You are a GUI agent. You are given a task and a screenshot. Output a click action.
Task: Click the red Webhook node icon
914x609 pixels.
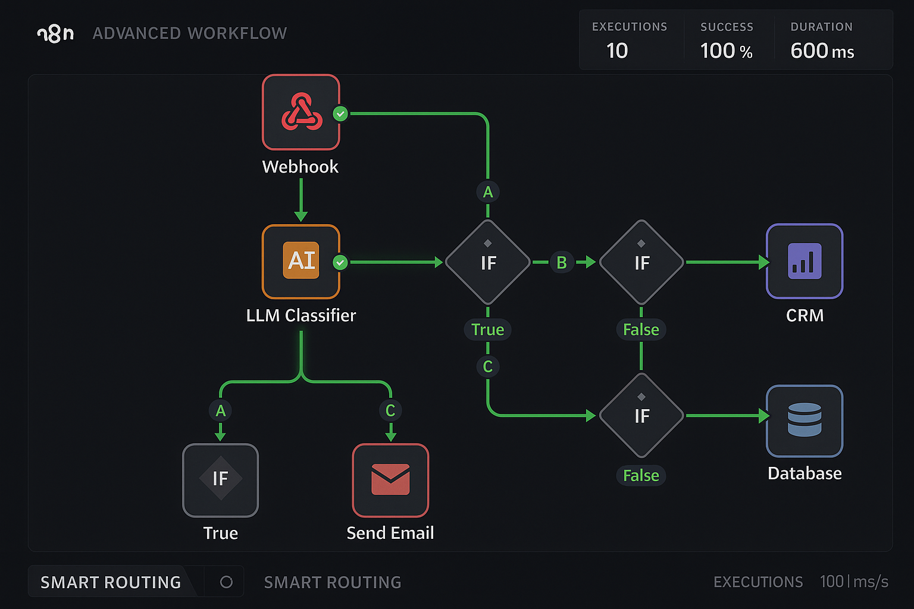click(301, 112)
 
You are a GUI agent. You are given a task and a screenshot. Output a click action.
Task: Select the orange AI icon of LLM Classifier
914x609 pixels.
click(301, 260)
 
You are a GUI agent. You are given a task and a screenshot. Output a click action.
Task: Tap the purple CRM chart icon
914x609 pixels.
click(805, 261)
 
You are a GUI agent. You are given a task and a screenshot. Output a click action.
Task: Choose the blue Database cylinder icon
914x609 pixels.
click(805, 420)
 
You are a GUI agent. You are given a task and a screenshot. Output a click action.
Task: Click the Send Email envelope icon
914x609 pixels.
click(390, 480)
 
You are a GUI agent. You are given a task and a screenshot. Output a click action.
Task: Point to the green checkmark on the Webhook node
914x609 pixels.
click(340, 113)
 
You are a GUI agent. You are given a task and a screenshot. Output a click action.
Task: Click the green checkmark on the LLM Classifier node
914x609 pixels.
click(340, 262)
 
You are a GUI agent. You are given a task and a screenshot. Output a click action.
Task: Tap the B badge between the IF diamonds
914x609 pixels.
click(561, 262)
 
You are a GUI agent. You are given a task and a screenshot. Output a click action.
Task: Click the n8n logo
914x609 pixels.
click(55, 34)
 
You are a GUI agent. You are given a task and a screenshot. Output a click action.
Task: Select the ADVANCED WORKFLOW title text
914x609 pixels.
click(190, 34)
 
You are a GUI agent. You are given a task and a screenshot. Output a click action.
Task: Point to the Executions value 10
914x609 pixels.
click(617, 51)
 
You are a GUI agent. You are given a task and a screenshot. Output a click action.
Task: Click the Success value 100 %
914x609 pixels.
click(726, 51)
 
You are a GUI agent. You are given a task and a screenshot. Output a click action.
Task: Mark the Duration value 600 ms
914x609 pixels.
click(822, 51)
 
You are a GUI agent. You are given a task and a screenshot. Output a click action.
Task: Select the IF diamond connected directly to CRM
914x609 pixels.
click(641, 262)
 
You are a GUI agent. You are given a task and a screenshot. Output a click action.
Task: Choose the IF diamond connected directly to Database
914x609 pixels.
click(641, 416)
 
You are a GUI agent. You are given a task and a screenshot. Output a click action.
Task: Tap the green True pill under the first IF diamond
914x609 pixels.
click(487, 329)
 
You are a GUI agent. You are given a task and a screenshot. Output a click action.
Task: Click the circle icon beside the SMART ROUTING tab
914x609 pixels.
click(226, 582)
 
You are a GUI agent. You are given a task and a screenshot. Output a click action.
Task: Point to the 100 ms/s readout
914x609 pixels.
click(854, 582)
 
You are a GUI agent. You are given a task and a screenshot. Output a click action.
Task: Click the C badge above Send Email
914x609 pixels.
click(390, 410)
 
